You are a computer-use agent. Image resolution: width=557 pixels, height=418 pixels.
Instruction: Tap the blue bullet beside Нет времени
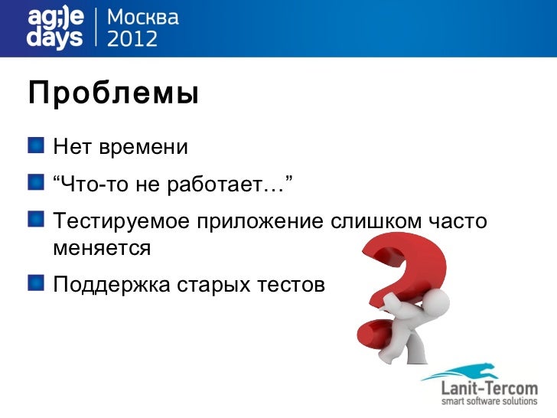(x=37, y=144)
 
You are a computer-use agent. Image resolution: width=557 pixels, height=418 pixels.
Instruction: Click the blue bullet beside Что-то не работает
(x=37, y=182)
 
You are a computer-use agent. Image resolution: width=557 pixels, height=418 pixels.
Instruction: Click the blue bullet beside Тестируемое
(x=37, y=220)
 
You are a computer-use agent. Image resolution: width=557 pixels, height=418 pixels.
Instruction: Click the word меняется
(x=102, y=248)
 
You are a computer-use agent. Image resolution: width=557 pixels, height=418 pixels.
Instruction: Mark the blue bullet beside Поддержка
(x=37, y=284)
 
